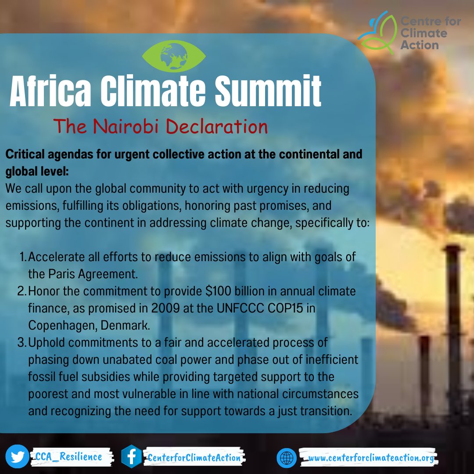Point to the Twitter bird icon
coord(18,457)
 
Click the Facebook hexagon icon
coord(131,457)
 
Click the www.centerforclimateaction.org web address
coord(371,458)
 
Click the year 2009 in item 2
coord(152,309)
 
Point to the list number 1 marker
coord(23,257)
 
